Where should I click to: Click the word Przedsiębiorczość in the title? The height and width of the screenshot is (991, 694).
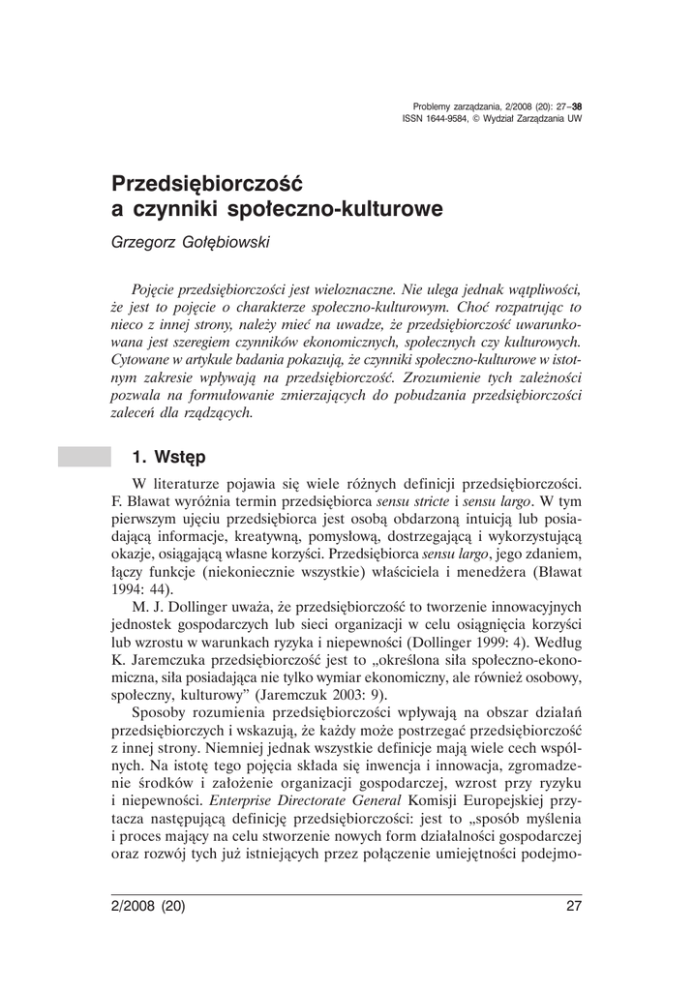208,182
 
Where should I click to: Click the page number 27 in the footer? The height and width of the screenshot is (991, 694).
573,907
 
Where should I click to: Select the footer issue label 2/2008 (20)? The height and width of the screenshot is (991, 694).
148,907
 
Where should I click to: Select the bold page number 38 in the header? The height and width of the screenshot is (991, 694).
577,106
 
